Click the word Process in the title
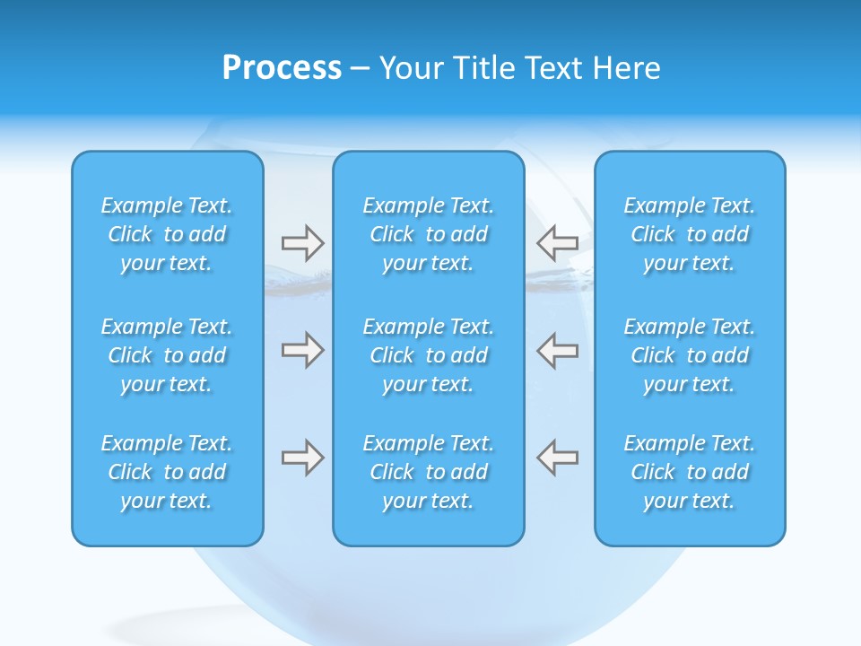tap(282, 68)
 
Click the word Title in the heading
tap(482, 68)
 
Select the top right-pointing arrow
tap(302, 242)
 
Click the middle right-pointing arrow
tap(302, 350)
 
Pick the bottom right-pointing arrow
tap(302, 458)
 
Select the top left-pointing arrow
tap(558, 242)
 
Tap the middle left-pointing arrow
tap(558, 350)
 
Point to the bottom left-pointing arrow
tap(558, 458)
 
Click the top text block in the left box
tap(167, 234)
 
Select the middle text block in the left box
tap(167, 355)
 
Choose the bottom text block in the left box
tap(167, 472)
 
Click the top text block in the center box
tap(429, 234)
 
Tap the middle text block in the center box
tap(429, 355)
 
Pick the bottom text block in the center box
tap(429, 472)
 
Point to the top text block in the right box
tap(690, 234)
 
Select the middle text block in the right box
tap(690, 355)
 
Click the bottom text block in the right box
tap(690, 472)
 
